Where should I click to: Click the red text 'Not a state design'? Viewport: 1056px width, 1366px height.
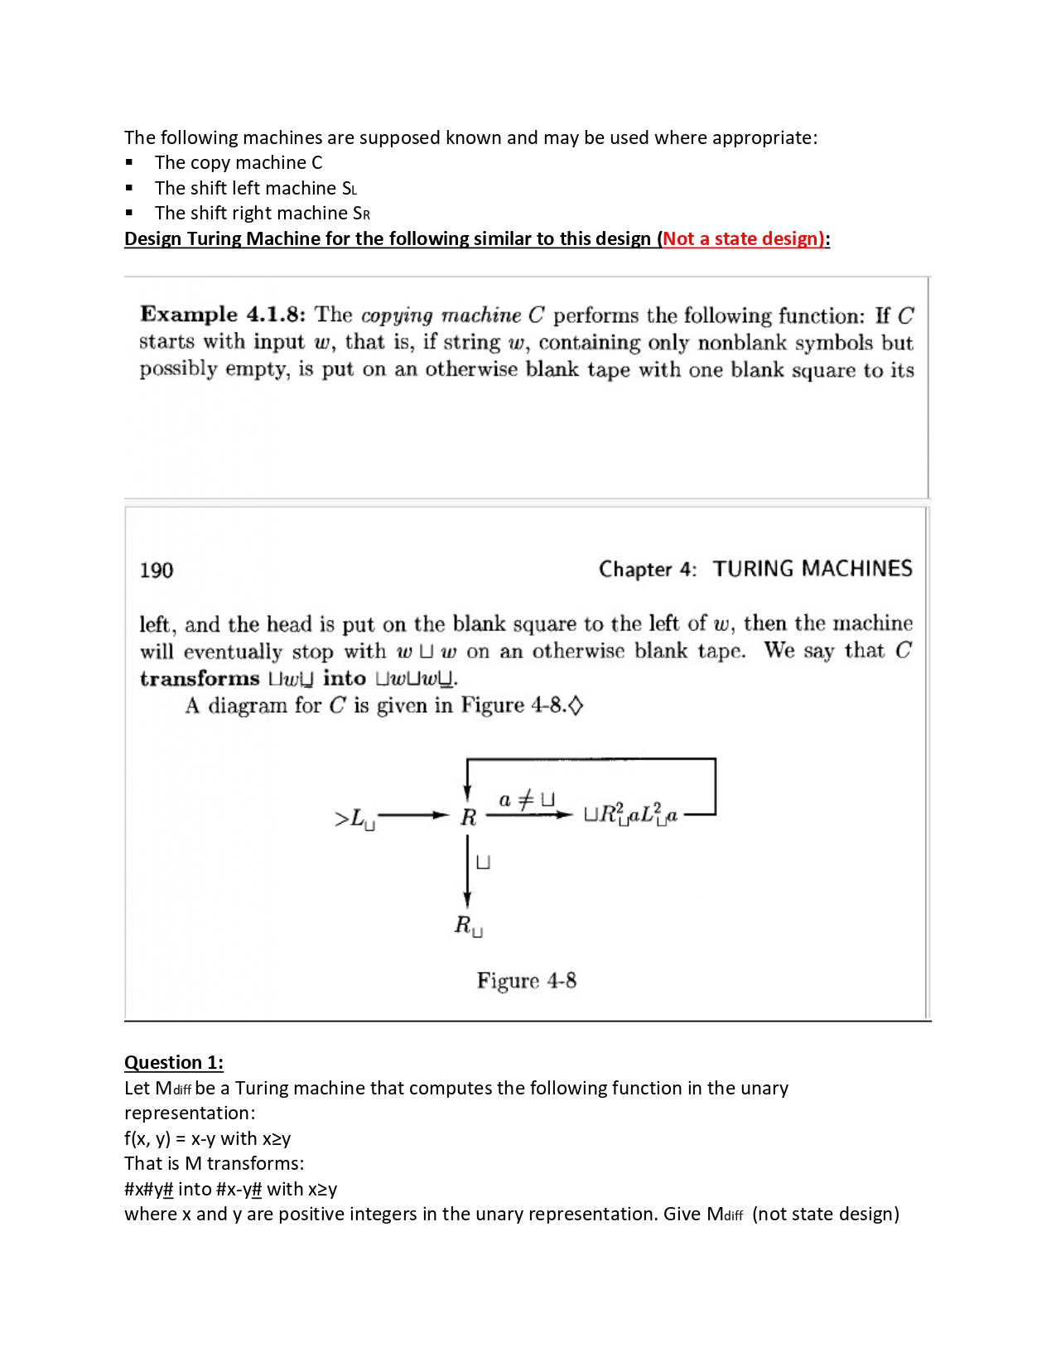[x=742, y=238]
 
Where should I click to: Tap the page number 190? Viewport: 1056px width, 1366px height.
[x=157, y=570]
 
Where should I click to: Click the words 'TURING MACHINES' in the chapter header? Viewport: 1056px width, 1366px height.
[x=812, y=569]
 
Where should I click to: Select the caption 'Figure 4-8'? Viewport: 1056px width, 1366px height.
[x=526, y=981]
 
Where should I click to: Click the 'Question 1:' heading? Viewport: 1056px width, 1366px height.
[x=174, y=1062]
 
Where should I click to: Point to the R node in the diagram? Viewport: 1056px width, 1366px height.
[x=468, y=817]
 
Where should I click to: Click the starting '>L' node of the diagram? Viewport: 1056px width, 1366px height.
[x=354, y=819]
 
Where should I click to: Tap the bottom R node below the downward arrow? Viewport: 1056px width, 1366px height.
[x=467, y=925]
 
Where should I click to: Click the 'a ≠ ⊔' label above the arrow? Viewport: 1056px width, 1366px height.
[x=526, y=800]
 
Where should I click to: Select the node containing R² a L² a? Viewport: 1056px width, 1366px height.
[x=630, y=815]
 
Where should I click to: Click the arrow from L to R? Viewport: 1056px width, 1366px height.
[x=412, y=815]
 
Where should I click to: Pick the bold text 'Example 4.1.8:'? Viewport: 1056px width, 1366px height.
[x=222, y=315]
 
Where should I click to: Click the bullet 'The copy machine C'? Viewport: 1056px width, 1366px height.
[x=238, y=162]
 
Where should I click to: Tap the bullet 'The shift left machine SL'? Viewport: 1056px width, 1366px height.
[x=255, y=188]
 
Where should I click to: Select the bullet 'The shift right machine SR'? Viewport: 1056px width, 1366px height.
[x=262, y=213]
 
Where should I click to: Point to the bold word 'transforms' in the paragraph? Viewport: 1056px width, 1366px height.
[x=200, y=679]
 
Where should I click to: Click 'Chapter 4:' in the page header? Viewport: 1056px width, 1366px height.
[x=647, y=570]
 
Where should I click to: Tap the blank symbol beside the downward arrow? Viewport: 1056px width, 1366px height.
[x=484, y=863]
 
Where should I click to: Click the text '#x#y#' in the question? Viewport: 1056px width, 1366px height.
[x=148, y=1189]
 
